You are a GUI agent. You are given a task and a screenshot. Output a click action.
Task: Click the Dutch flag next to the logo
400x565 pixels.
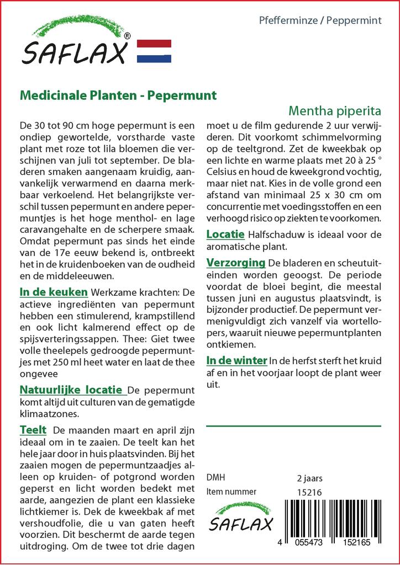[154, 51]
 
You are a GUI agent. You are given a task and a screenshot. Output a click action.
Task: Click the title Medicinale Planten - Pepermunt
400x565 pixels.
[118, 95]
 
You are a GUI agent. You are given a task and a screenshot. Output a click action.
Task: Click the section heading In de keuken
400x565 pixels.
[54, 292]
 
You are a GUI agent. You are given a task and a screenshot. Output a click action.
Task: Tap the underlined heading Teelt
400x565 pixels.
[33, 430]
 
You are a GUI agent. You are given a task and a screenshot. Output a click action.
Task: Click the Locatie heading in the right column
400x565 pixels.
[225, 234]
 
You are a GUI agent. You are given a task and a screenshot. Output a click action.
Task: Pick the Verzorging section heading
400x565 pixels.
[236, 262]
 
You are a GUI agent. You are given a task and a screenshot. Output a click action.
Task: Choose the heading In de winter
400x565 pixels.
[236, 360]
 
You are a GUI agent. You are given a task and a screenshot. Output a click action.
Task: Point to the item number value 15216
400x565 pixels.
[309, 492]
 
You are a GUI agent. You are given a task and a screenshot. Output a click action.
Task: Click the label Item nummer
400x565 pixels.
[231, 492]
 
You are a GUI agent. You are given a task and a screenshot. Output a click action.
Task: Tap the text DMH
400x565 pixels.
[215, 478]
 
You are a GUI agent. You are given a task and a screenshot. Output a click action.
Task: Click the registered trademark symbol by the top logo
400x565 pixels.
[128, 36]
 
